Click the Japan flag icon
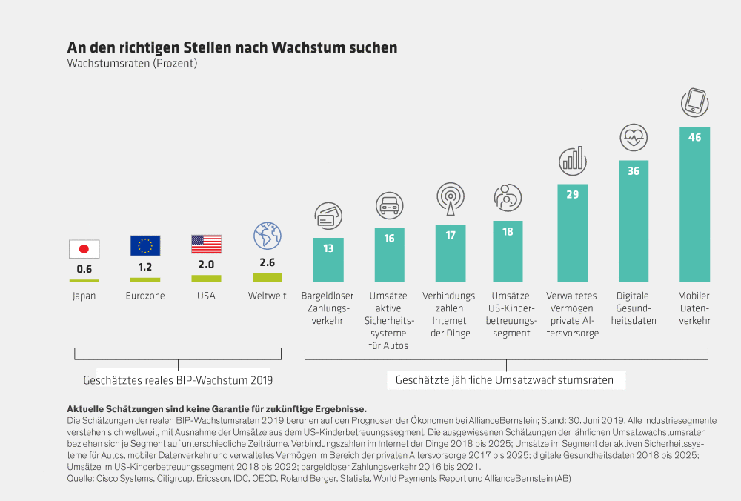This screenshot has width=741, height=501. click(x=84, y=249)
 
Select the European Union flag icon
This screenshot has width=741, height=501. click(x=145, y=245)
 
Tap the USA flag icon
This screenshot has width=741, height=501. click(x=206, y=244)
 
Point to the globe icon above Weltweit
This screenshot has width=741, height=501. click(x=267, y=236)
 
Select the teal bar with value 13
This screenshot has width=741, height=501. click(x=328, y=259)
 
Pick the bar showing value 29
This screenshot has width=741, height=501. click(x=573, y=233)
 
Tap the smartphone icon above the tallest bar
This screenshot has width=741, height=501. click(x=694, y=102)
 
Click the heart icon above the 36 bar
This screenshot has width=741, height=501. click(x=634, y=136)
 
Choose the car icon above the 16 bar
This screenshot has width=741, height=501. click(x=389, y=203)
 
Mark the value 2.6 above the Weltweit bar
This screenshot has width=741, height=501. click(x=268, y=262)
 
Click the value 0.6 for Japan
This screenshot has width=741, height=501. click(x=84, y=269)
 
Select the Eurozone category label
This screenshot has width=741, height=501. click(x=145, y=296)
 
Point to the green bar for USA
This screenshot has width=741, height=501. click(x=206, y=279)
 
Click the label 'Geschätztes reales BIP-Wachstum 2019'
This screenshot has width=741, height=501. click(x=178, y=380)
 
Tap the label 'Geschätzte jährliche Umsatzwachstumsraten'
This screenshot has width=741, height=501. click(x=505, y=380)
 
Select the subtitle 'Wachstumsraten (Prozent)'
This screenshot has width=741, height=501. click(x=132, y=64)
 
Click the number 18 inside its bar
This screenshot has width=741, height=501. click(x=508, y=232)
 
